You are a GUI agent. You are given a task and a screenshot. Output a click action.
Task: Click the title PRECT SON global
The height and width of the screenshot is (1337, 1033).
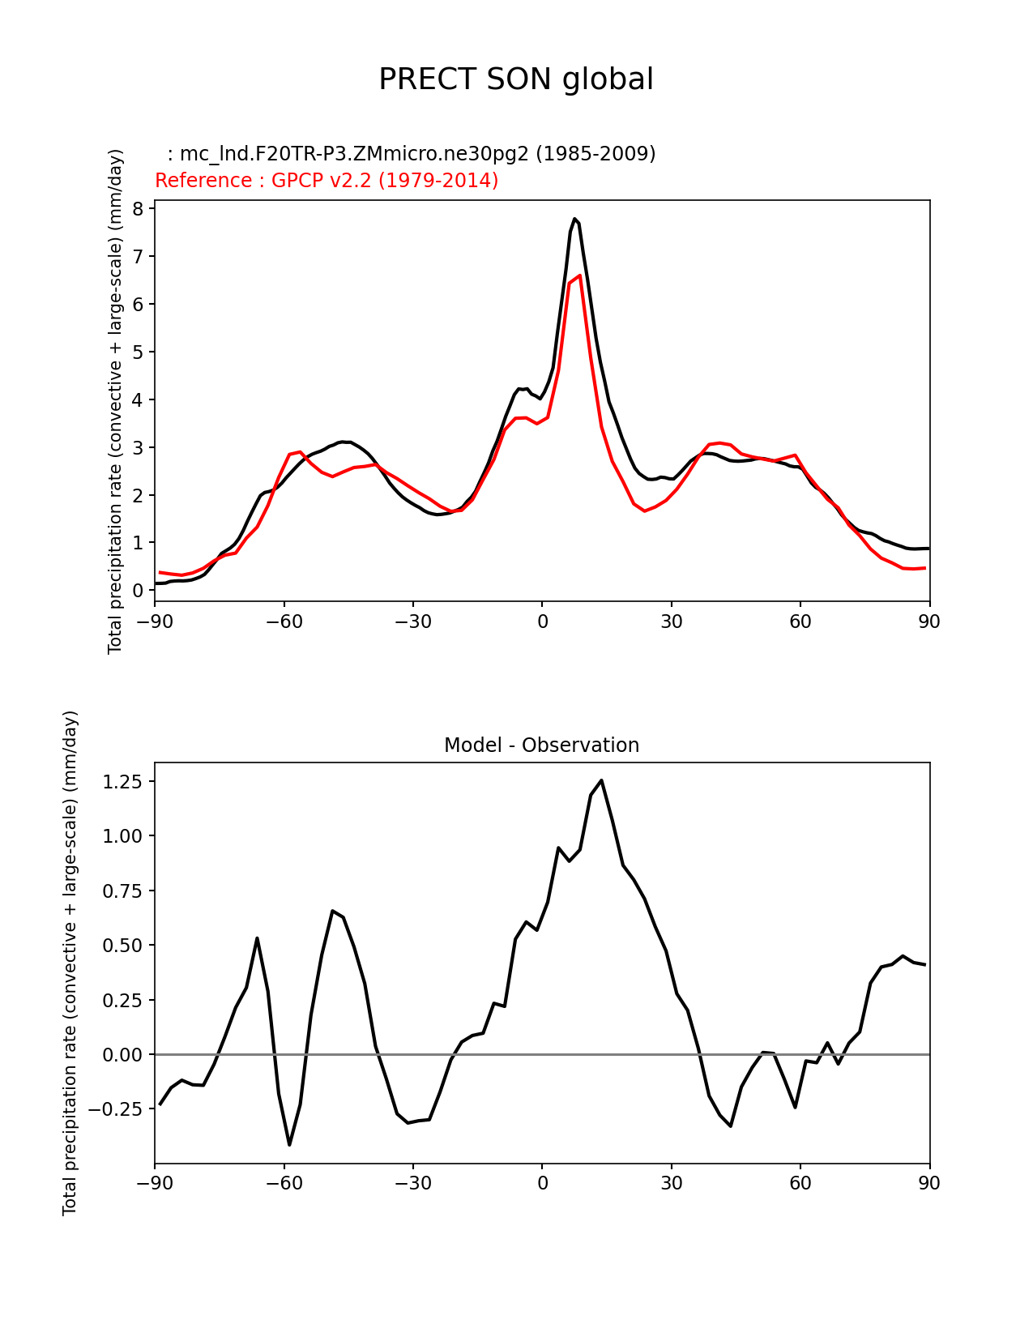pyautogui.click(x=516, y=79)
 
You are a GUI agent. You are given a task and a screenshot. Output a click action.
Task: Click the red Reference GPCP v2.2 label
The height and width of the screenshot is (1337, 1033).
pyautogui.click(x=327, y=181)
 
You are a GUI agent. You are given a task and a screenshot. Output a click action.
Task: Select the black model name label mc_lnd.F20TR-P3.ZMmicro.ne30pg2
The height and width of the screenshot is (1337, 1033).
pyautogui.click(x=412, y=154)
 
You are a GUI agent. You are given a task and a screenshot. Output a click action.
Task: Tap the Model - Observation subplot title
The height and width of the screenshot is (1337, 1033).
pyautogui.click(x=541, y=745)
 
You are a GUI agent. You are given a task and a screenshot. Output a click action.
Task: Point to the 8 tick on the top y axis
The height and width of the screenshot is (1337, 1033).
pyautogui.click(x=137, y=209)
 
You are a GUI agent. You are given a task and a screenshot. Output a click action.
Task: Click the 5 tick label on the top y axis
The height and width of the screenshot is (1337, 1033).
pyautogui.click(x=137, y=352)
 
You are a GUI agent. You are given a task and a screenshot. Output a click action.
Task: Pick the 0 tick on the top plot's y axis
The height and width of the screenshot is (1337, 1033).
pyautogui.click(x=137, y=591)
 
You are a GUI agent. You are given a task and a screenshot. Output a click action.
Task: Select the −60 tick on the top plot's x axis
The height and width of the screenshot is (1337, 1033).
pyautogui.click(x=284, y=622)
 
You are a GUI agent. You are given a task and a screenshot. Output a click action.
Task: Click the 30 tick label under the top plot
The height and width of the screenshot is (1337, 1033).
pyautogui.click(x=671, y=622)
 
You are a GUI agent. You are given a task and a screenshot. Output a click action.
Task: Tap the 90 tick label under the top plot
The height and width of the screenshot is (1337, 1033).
pyautogui.click(x=929, y=622)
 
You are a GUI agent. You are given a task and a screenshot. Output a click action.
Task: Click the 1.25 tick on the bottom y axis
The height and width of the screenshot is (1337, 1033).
pyautogui.click(x=122, y=782)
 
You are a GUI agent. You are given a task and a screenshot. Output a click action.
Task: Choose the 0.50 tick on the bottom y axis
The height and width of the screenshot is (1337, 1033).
pyautogui.click(x=122, y=946)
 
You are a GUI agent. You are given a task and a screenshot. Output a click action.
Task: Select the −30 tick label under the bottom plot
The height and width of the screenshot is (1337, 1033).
pyautogui.click(x=412, y=1184)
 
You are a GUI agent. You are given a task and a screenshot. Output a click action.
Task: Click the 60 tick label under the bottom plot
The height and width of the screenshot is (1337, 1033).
pyautogui.click(x=800, y=1184)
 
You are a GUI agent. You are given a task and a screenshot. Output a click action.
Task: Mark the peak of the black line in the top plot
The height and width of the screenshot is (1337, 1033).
pyautogui.click(x=574, y=219)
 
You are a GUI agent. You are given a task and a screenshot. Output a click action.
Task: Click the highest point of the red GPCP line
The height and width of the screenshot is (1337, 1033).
pyautogui.click(x=580, y=276)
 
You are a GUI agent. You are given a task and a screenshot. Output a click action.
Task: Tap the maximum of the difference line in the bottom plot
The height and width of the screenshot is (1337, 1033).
pyautogui.click(x=601, y=780)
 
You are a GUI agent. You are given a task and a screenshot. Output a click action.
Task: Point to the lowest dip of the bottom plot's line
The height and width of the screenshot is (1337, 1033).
pyautogui.click(x=289, y=1144)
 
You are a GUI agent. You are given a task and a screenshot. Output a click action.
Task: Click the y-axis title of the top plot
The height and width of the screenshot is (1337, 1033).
pyautogui.click(x=115, y=401)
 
